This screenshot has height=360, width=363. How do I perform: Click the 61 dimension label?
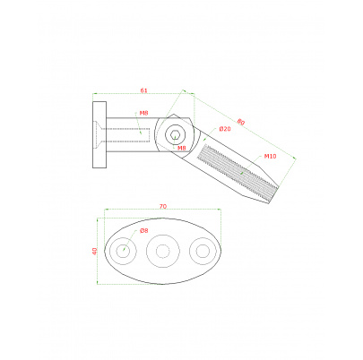coord(143,90)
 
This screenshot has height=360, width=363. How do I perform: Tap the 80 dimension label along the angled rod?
coord(241,122)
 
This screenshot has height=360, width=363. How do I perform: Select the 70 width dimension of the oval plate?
coord(163,206)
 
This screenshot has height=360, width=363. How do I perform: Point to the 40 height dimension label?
coord(94,251)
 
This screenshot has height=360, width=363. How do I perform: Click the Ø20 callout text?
coord(225,129)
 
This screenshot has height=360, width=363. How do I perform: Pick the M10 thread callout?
coord(270,156)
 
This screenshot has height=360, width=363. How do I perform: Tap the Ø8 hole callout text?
coord(143,230)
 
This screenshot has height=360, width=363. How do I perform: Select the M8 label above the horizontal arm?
coord(143,113)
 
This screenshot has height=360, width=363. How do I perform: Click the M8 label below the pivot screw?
coord(182,148)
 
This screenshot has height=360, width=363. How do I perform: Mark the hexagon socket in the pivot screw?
coord(174,135)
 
